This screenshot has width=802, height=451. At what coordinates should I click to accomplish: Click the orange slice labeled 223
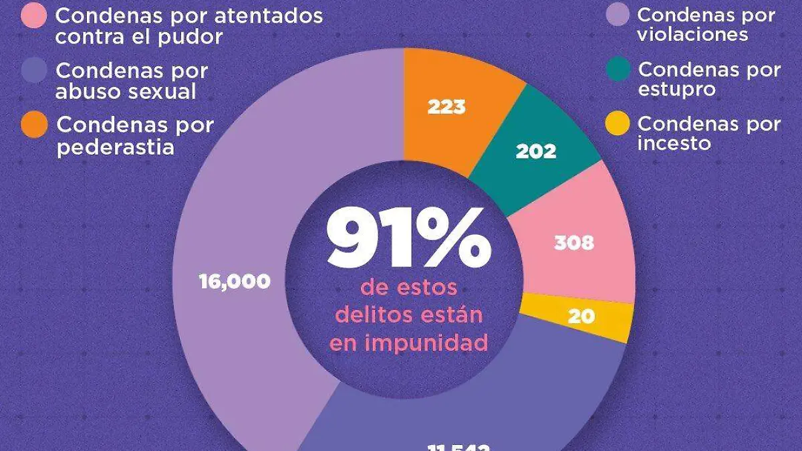point(446,107)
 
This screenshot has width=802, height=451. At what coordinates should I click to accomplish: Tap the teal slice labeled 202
point(535,151)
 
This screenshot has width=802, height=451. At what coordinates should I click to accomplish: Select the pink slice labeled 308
point(573,242)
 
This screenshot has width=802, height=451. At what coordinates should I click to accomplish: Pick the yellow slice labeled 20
point(581,316)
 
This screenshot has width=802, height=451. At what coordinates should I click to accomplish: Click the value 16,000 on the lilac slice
point(235,282)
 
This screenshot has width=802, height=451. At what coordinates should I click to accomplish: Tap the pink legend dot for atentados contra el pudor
point(33,15)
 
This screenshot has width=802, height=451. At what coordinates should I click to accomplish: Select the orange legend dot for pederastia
point(33,124)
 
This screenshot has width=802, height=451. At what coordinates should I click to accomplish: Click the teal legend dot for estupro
point(616,70)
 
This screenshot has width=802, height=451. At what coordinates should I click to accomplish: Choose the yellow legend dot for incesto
point(616,124)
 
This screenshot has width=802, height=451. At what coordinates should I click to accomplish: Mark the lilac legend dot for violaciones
point(616,15)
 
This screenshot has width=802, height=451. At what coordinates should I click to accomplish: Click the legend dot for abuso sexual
point(33,70)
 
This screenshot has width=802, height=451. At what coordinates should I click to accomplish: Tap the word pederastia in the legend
point(115,147)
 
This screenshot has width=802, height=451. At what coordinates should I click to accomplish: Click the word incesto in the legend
point(674,143)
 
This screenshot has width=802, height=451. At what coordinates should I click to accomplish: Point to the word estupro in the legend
point(677,89)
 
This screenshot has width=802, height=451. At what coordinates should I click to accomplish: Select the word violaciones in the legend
point(692,35)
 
